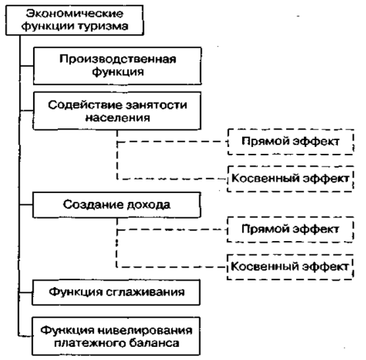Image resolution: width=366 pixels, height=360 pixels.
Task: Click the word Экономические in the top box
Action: pos(75,14)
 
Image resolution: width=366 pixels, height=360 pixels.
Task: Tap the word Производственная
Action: pos(118,59)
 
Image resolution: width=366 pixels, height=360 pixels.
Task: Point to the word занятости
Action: pos(157,105)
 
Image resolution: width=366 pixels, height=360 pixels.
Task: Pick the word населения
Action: pos(118,118)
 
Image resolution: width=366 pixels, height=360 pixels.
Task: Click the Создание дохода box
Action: pos(116,205)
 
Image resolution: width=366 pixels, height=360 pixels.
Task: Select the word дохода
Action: pos(149,205)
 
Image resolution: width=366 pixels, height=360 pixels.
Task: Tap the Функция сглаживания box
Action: pos(116,292)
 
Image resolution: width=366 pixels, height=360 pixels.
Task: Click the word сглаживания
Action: pos(146,292)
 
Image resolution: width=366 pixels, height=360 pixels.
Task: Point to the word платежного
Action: pos(86,343)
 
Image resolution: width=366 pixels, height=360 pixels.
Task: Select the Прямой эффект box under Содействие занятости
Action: pos(291,141)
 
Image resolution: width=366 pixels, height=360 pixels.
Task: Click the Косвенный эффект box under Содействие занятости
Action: pos(291,179)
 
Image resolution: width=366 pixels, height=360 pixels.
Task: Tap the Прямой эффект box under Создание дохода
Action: pos(290,229)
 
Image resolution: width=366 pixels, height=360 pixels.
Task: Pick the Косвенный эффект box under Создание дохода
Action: pos(290,267)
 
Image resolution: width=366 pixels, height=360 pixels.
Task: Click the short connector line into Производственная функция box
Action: pos(27,66)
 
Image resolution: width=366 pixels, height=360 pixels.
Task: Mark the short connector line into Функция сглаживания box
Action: pos(26,292)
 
